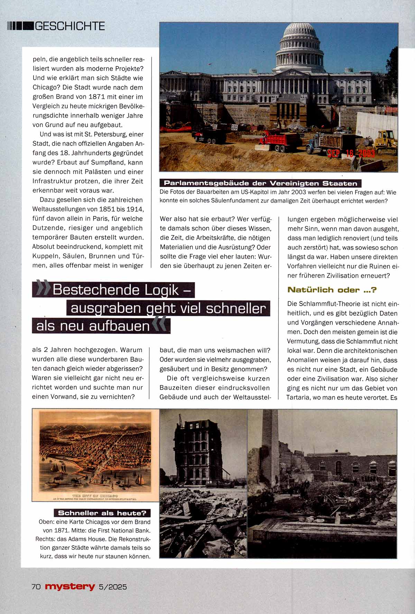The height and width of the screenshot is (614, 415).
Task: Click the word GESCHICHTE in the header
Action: (70, 26)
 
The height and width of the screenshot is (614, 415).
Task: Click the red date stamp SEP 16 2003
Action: (351, 153)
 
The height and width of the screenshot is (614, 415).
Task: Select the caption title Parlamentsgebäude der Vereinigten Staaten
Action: (260, 183)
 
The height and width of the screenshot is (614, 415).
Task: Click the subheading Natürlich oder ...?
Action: (332, 290)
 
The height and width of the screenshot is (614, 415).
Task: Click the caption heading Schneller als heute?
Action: (102, 513)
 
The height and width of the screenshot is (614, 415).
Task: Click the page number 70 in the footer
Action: (36, 587)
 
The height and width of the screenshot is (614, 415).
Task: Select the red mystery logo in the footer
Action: (70, 586)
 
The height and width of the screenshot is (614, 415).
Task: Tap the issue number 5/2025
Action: (113, 587)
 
